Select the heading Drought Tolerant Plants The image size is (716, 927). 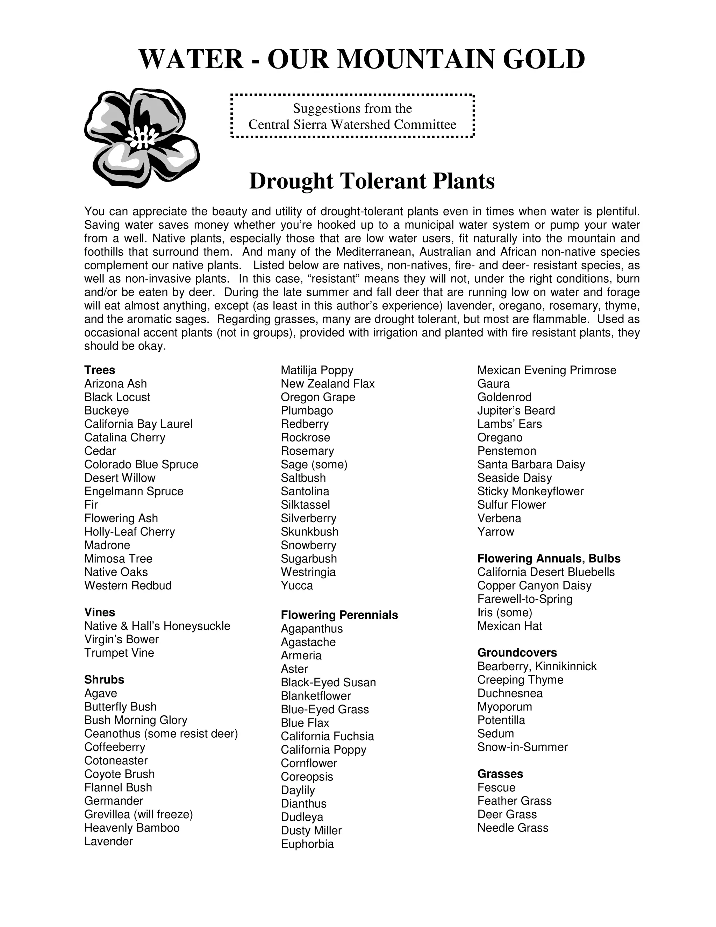point(372,181)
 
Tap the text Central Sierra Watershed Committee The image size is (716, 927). point(352,125)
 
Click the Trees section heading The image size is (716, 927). point(100,370)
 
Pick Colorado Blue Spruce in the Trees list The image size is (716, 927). point(141,464)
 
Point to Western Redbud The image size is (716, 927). point(128,585)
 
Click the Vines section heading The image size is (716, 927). point(100,613)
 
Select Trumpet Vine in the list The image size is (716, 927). point(119,653)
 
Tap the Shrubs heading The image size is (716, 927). point(104,680)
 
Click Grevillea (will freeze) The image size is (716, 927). point(138,814)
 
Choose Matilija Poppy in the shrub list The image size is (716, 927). point(317,370)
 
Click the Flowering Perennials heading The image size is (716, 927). point(339,615)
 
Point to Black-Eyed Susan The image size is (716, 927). point(328,682)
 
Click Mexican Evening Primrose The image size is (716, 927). point(546,370)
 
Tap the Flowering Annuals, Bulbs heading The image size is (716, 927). point(549,559)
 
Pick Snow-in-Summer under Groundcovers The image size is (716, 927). point(522,747)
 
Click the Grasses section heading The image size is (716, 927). point(500,774)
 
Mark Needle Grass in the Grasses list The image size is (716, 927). point(513,828)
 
